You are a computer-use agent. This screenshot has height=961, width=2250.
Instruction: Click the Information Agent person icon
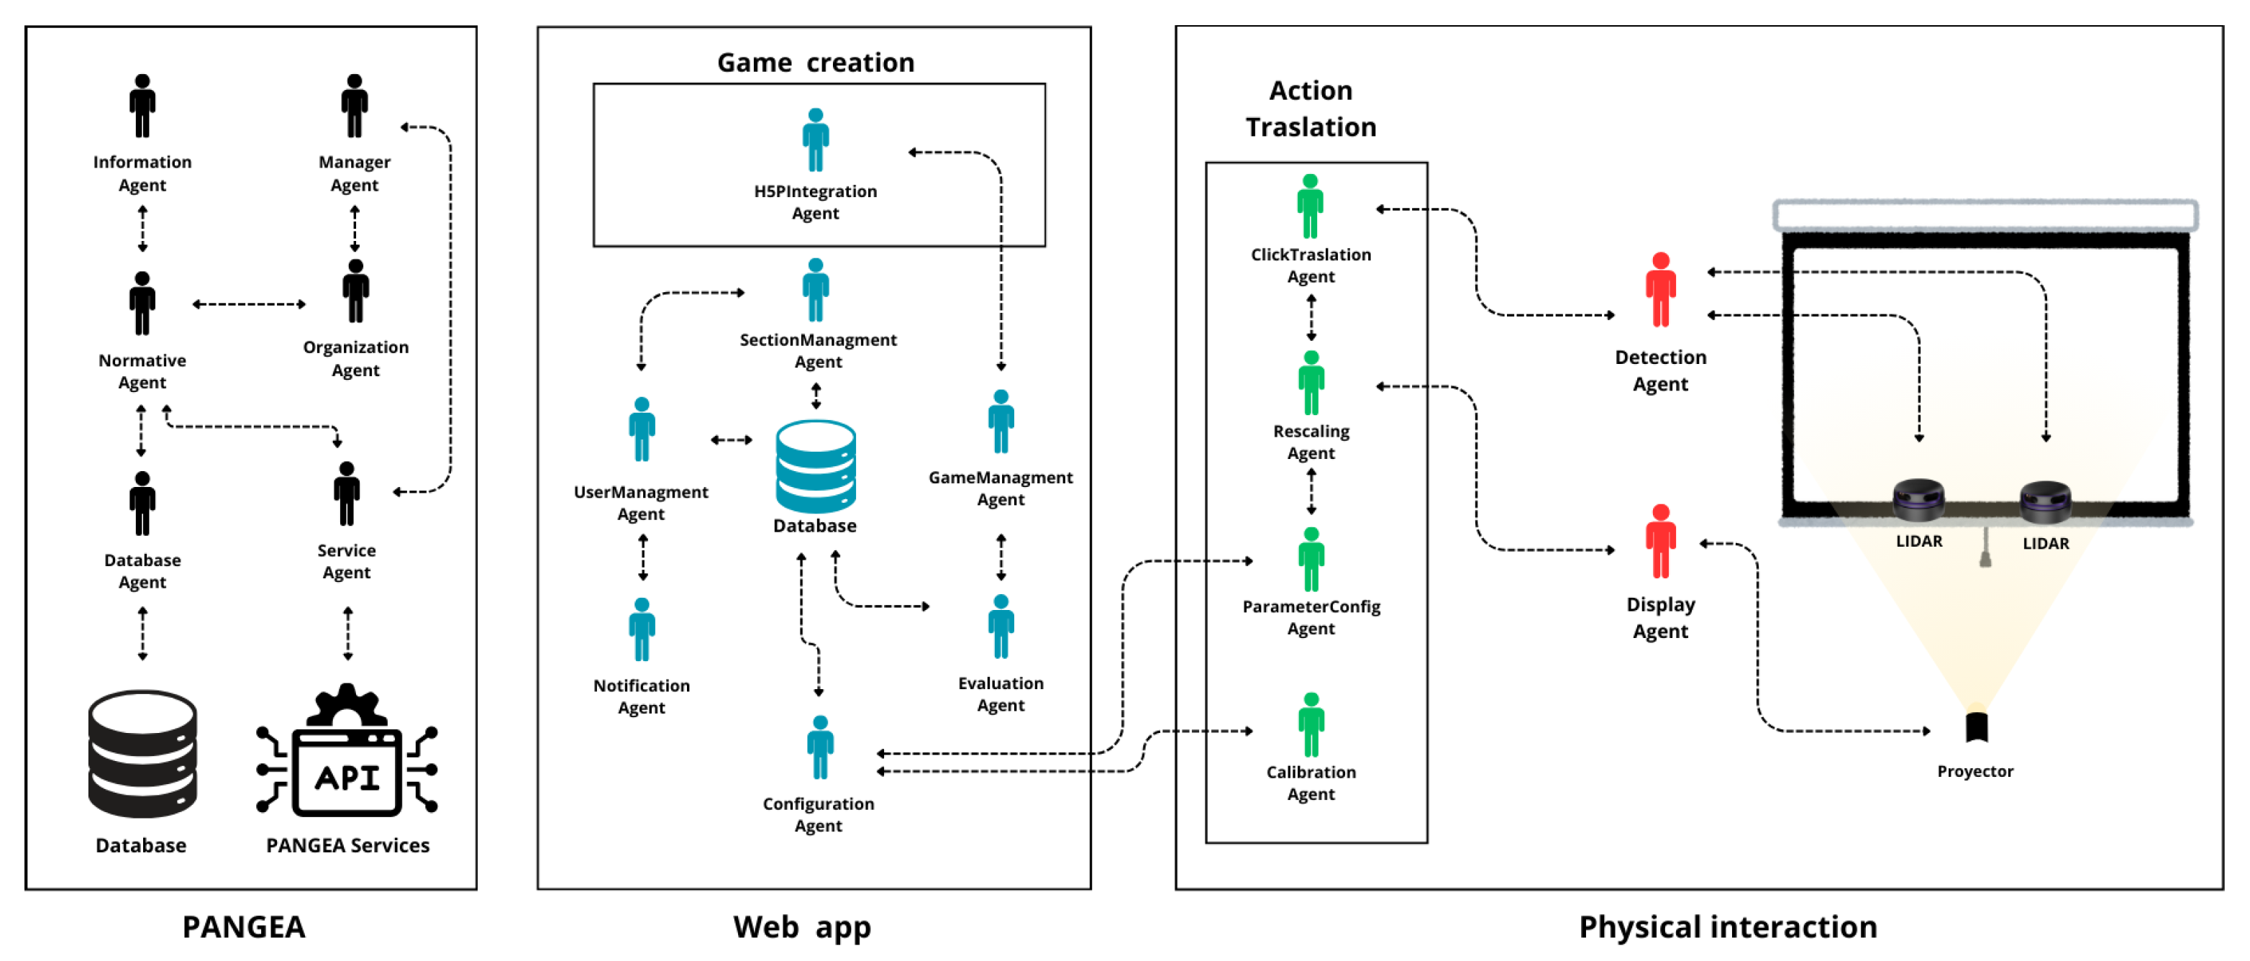point(142,106)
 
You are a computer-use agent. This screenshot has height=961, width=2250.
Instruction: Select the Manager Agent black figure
point(354,106)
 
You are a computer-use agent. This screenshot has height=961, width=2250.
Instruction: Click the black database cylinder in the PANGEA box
point(142,754)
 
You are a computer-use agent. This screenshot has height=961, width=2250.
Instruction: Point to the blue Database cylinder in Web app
point(815,468)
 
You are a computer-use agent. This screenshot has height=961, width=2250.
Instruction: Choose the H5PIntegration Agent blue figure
point(815,140)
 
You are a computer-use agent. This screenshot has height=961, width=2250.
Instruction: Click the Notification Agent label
point(641,696)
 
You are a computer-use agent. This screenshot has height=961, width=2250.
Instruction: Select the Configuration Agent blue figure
point(819,748)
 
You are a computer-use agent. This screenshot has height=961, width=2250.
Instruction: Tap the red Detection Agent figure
point(1660,290)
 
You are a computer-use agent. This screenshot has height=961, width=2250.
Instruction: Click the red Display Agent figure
point(1660,542)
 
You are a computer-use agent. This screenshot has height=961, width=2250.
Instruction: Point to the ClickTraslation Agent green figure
point(1309,206)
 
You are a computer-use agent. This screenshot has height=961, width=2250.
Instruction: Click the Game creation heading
point(815,63)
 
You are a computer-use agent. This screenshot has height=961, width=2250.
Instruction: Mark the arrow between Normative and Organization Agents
point(249,304)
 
